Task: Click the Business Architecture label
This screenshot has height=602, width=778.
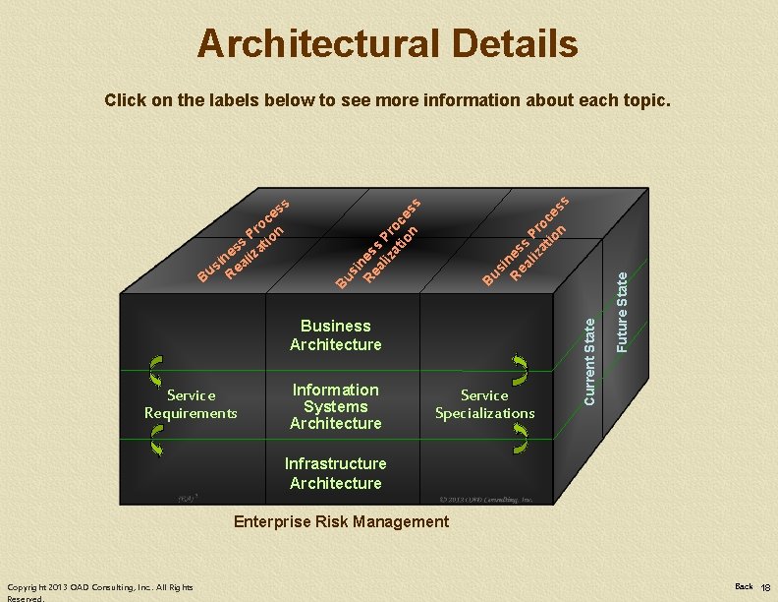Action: coord(335,334)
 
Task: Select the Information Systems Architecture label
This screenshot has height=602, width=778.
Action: coord(335,406)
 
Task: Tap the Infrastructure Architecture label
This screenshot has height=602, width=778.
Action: coord(335,473)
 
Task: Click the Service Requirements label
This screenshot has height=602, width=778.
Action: coord(191,403)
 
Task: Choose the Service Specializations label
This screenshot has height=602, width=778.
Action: coord(484,403)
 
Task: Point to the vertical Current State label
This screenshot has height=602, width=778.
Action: coord(589,358)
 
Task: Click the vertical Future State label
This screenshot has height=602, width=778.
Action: coord(622,313)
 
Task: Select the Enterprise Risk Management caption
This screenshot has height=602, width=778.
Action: coord(341,521)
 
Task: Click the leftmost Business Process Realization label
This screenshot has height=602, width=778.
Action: coord(242,240)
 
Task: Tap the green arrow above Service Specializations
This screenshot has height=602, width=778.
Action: coord(520,370)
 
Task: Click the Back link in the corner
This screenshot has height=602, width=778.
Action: coord(744,586)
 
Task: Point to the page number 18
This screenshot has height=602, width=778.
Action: coord(765,587)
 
